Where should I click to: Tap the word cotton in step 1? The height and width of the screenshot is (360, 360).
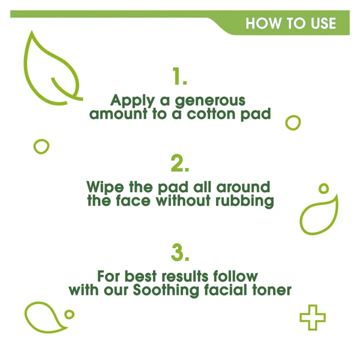click(x=213, y=113)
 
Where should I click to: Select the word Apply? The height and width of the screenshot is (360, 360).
click(x=131, y=100)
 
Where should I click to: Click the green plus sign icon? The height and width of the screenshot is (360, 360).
click(x=312, y=317)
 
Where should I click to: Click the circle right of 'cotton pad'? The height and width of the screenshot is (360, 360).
click(x=293, y=122)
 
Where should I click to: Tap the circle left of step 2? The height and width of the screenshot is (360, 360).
click(x=41, y=146)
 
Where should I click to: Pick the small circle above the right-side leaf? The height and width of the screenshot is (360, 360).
click(x=324, y=189)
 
